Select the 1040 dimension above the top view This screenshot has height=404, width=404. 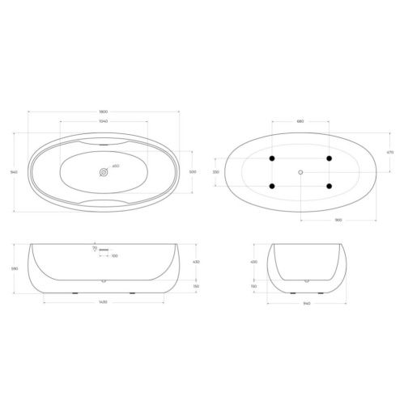pyautogui.click(x=104, y=121)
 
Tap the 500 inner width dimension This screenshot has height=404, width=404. pyautogui.click(x=193, y=172)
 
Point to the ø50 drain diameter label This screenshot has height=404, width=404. pyautogui.click(x=116, y=166)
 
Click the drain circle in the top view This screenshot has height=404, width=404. pyautogui.click(x=104, y=172)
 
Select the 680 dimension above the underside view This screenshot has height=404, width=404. pyautogui.click(x=300, y=122)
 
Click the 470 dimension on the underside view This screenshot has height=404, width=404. pyautogui.click(x=390, y=151)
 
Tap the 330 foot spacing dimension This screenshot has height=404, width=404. pyautogui.click(x=215, y=172)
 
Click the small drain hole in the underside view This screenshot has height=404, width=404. pyautogui.click(x=300, y=172)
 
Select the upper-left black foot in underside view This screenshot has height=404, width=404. pyautogui.click(x=272, y=158)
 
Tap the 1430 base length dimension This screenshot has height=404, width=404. pyautogui.click(x=104, y=301)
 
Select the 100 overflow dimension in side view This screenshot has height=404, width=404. pyautogui.click(x=114, y=256)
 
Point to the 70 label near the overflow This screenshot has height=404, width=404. pyautogui.click(x=94, y=249)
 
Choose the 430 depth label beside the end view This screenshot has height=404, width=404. pyautogui.click(x=253, y=262)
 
